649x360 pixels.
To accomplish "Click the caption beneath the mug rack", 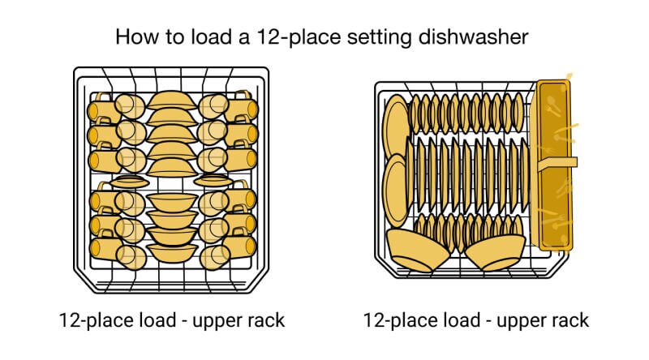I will (x=171, y=320).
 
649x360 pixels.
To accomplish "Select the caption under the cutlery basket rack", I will (x=475, y=320).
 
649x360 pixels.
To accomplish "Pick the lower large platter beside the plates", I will (x=396, y=191).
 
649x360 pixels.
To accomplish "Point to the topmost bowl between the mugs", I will (x=171, y=101).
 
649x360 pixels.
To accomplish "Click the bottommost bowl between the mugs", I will (x=171, y=255).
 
